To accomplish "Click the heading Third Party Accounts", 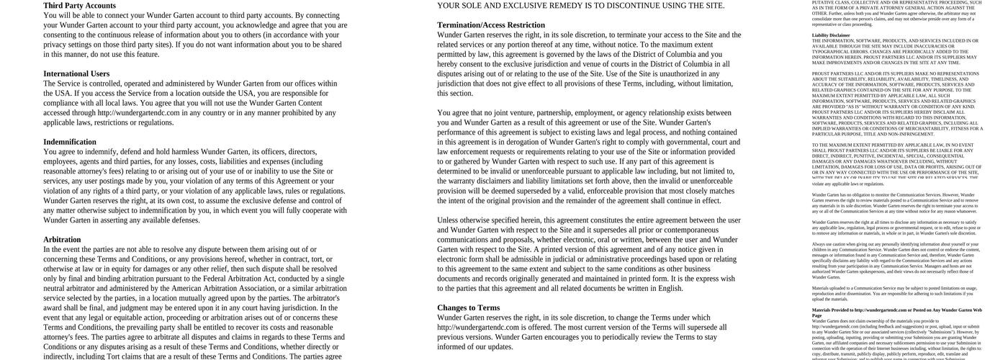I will (x=79, y=6).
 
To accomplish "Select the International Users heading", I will (x=76, y=74).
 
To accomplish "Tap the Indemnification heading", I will (x=70, y=143).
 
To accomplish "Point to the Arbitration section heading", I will (x=62, y=240).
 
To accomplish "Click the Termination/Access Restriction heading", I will (x=491, y=25).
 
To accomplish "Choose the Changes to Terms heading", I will (x=468, y=308).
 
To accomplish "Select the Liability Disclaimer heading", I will (x=831, y=35).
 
